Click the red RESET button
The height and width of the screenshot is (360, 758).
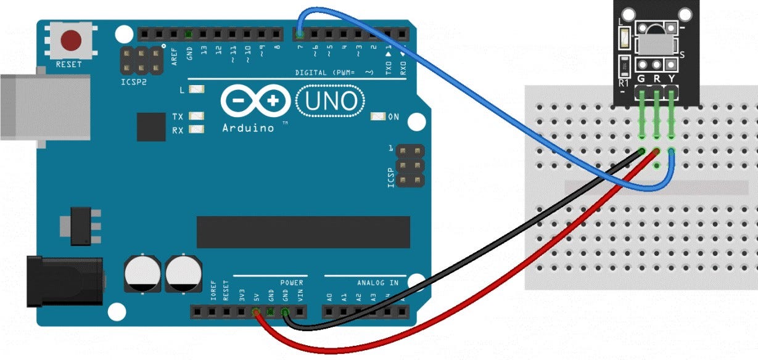point(71,41)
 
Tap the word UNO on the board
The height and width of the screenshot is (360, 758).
point(331,101)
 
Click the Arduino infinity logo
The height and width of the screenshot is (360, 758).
point(255,102)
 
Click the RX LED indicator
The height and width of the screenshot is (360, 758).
point(197,129)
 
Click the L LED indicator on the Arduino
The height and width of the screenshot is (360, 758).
point(197,90)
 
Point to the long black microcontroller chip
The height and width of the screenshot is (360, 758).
point(303,232)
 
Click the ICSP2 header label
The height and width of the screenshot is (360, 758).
point(134,81)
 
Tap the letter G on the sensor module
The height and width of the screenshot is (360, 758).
point(641,79)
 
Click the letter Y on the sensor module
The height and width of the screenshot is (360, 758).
point(671,79)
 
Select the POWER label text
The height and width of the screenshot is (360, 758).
point(292,283)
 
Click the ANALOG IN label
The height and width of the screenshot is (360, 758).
point(377,283)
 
